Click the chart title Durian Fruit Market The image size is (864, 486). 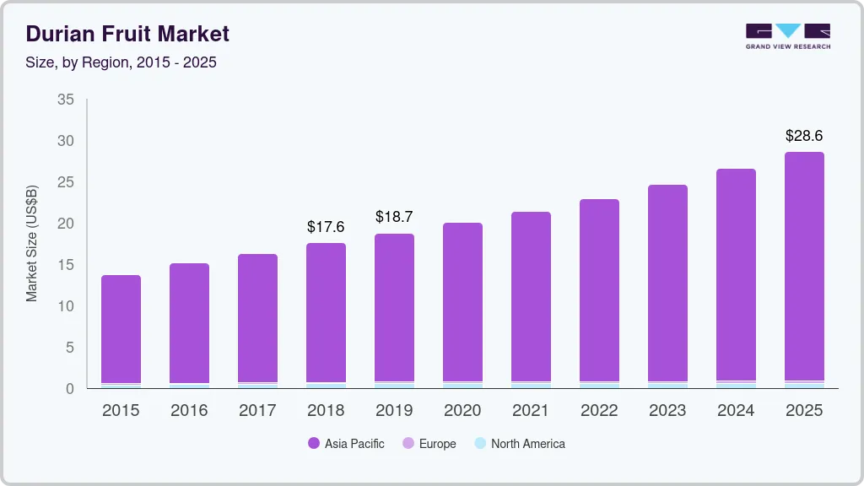pos(127,35)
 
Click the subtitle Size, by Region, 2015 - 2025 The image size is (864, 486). pos(121,63)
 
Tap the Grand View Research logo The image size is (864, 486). pos(787,35)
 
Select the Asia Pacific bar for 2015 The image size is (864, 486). pos(121,329)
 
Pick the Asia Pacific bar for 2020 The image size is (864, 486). pos(462,302)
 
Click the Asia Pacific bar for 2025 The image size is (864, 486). pos(804,267)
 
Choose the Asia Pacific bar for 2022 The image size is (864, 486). pos(599,290)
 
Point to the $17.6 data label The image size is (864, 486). pos(326,227)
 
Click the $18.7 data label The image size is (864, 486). pos(394,218)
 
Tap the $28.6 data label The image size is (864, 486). pos(804,136)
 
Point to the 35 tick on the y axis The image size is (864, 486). pos(66,100)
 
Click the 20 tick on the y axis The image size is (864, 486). pos(66,224)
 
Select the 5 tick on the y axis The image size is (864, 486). pos(70,348)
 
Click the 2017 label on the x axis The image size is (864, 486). pos(257,411)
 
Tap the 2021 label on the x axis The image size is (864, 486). pos(531,411)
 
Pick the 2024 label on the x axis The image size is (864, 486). pos(736,411)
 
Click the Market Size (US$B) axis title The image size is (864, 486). pos(32,244)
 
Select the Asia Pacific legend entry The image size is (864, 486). pos(346,444)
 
